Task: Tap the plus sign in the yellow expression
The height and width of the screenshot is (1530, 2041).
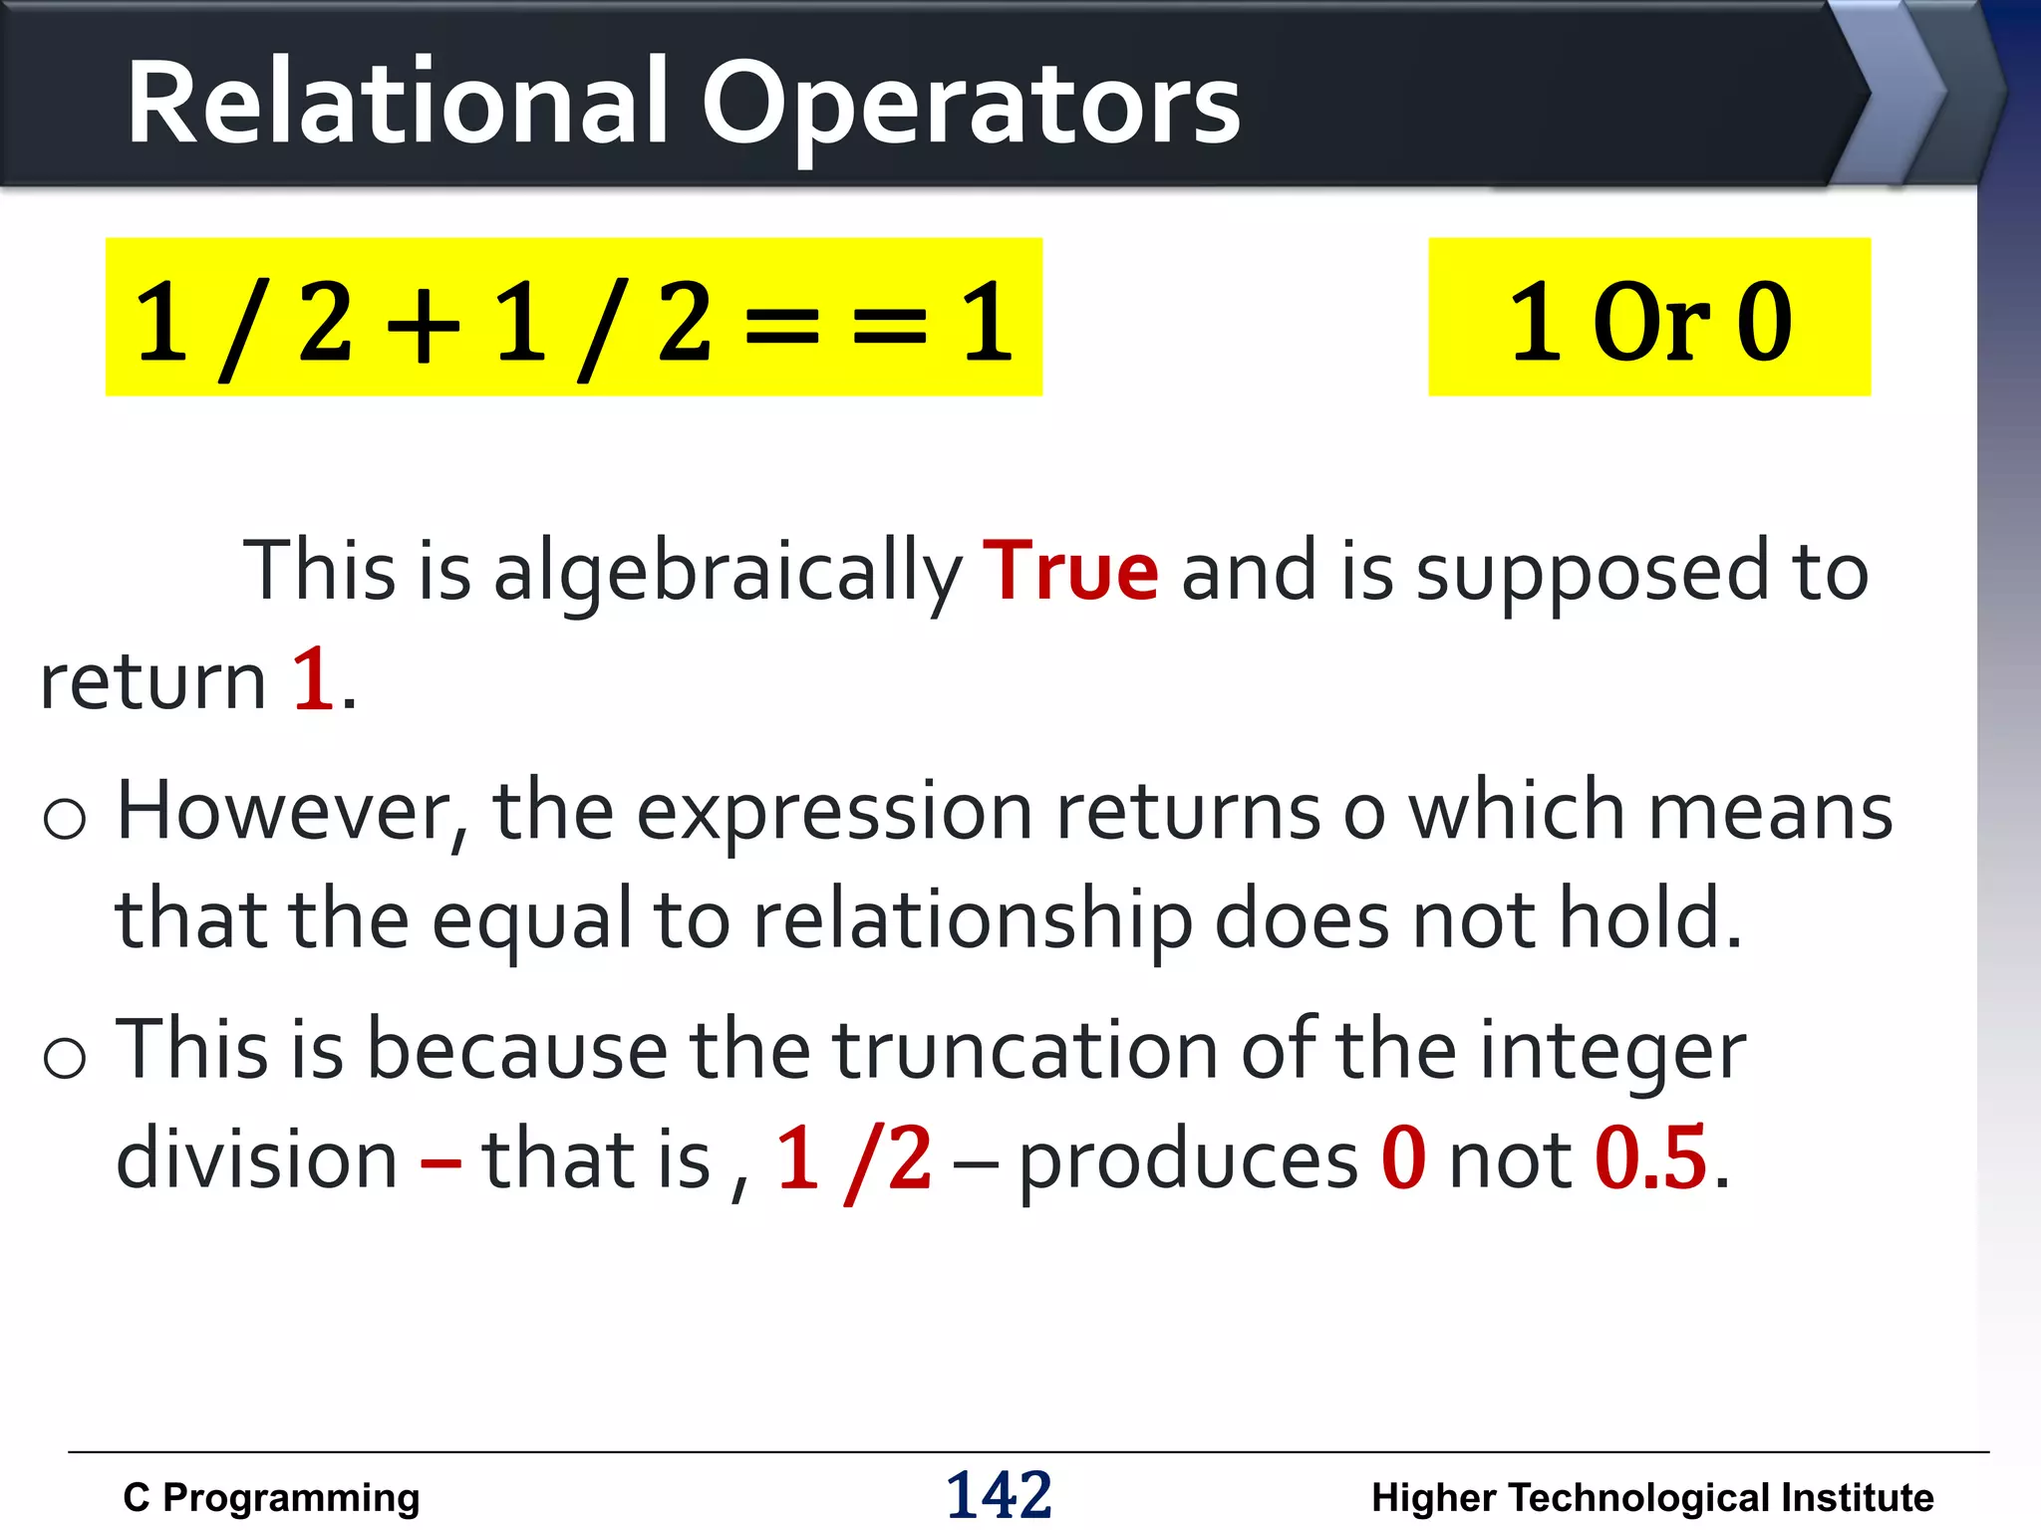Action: coord(424,324)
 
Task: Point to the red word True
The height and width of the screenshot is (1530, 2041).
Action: coord(1070,571)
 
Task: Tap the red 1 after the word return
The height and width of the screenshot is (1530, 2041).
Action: coord(313,680)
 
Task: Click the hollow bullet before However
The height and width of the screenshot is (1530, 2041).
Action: coord(65,819)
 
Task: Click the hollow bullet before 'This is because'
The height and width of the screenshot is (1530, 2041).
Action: coord(65,1057)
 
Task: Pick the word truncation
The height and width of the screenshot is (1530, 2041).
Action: coord(1025,1051)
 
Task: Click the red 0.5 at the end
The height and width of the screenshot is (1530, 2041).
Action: coord(1650,1158)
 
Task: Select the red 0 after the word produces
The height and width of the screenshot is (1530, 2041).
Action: coord(1402,1158)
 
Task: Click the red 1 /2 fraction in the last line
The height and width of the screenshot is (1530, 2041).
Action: coord(854,1158)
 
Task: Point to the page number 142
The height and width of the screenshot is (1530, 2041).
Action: coord(999,1495)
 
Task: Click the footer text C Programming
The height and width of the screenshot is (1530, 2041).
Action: coord(271,1497)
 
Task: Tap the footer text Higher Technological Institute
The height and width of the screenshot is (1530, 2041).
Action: coord(1652,1497)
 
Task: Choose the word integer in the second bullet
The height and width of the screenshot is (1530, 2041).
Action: coord(1611,1051)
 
